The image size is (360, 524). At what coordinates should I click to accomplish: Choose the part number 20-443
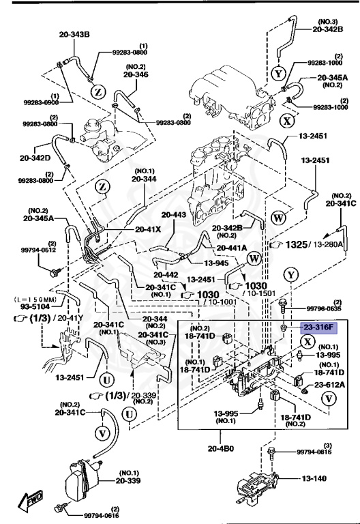point(174,215)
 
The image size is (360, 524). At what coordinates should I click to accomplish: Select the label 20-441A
point(232,248)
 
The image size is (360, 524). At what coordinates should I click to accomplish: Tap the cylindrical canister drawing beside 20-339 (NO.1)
point(81,482)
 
